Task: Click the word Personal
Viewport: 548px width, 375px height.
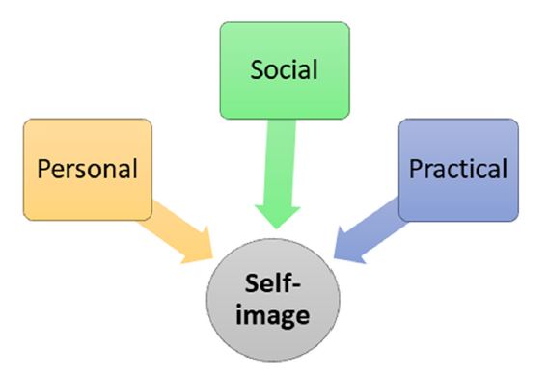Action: point(88,170)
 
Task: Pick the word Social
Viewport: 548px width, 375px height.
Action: point(284,69)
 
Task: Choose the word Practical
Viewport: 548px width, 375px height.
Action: point(458,170)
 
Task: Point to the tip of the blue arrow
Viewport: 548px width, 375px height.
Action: point(334,257)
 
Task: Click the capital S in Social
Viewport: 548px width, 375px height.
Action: point(257,69)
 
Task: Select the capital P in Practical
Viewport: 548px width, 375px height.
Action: point(416,169)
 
